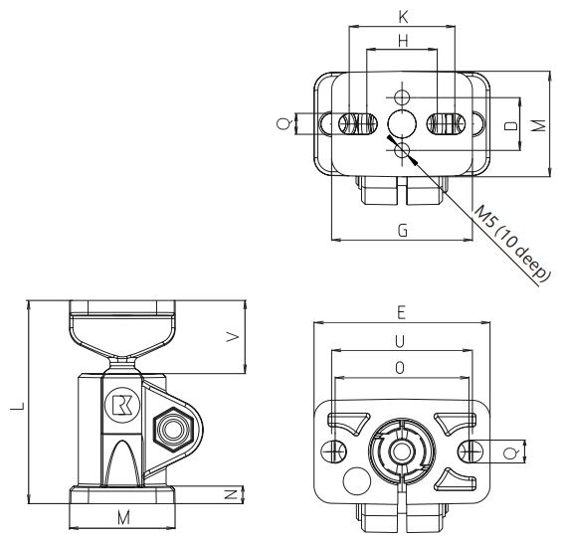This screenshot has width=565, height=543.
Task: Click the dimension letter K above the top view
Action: click(402, 16)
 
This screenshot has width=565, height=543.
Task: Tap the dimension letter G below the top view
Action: click(402, 230)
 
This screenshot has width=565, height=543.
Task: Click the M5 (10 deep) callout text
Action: click(511, 246)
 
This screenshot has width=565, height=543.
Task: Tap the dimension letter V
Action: click(232, 337)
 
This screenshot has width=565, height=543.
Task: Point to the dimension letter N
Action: click(230, 493)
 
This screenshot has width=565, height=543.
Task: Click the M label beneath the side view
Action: click(122, 519)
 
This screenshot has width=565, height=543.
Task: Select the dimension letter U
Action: click(401, 340)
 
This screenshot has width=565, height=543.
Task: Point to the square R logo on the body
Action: click(121, 405)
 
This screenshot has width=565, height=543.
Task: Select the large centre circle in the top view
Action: click(403, 123)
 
